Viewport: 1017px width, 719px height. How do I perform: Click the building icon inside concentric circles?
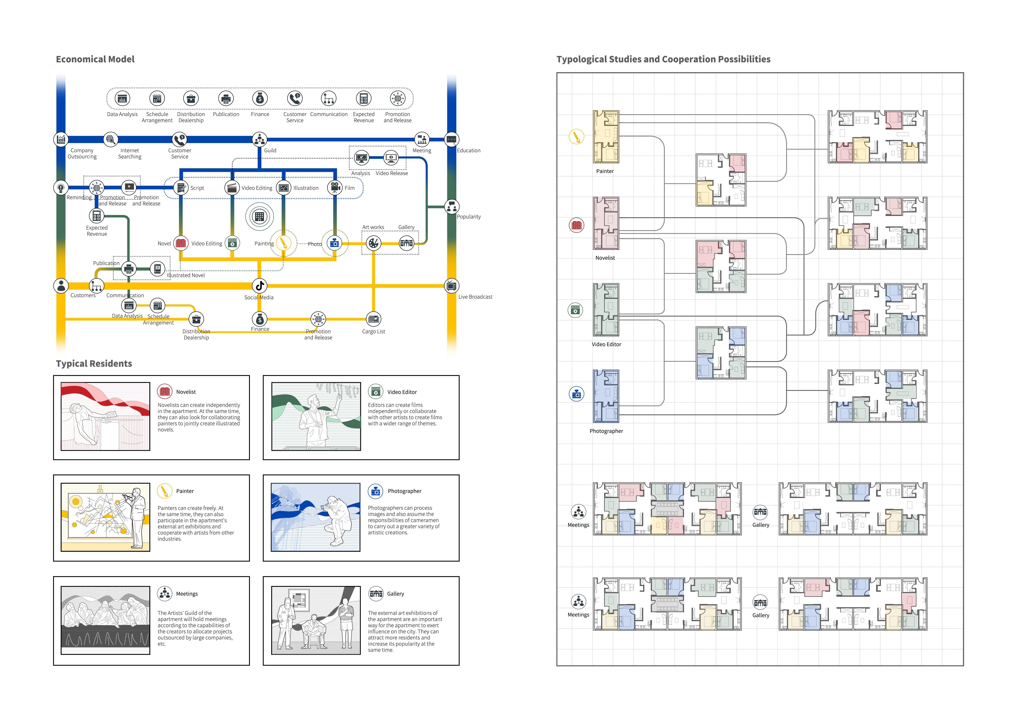(x=260, y=216)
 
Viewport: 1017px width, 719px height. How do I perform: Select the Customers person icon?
(x=61, y=286)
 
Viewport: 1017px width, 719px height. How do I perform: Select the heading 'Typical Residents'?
(x=94, y=363)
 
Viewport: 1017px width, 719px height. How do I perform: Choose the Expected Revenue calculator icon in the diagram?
(x=97, y=216)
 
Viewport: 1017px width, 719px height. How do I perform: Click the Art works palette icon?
(x=373, y=243)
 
